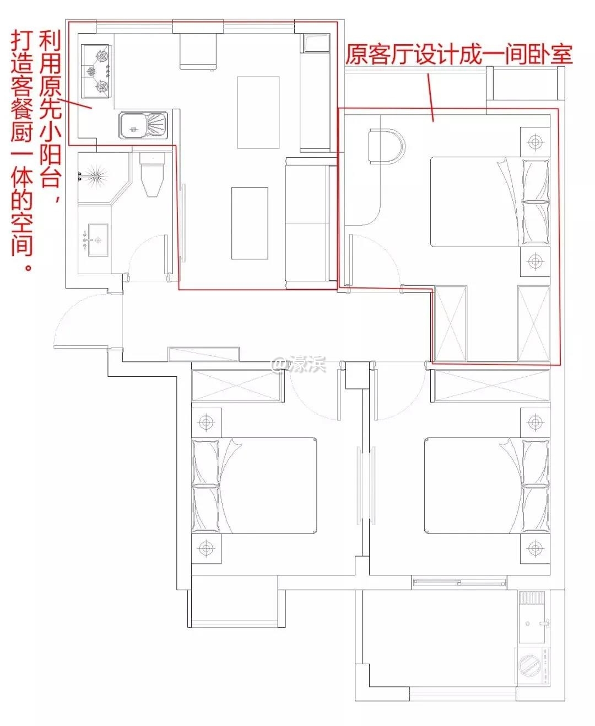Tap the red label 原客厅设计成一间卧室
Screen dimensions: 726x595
(459, 56)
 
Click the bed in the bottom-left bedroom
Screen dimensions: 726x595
(254, 486)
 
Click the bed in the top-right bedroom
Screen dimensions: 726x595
(490, 202)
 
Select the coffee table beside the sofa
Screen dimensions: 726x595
(250, 223)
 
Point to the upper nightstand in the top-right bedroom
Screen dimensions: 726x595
(534, 142)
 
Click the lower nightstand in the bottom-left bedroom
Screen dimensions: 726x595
(206, 548)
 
